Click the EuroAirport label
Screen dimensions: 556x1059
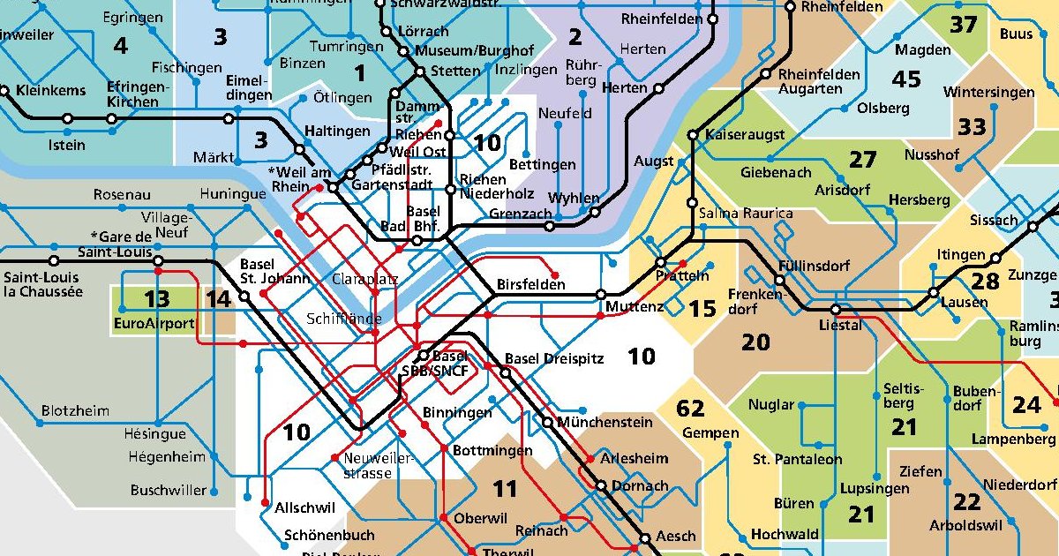coord(154,324)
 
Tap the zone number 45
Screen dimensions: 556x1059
coord(906,79)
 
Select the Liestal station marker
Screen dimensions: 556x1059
coord(835,310)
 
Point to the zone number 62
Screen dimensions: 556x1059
coord(690,409)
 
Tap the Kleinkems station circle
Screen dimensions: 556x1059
coord(5,90)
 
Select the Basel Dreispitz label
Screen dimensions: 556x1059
coord(554,359)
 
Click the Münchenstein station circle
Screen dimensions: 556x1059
coord(548,423)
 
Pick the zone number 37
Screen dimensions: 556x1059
coord(963,25)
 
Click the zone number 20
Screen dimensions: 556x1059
coord(755,342)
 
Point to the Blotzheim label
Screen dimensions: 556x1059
coord(75,411)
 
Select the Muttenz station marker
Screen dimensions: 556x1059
coord(601,295)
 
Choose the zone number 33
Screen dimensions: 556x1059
coord(972,127)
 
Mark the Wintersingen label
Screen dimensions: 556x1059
coord(988,93)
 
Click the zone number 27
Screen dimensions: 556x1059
coord(862,160)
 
